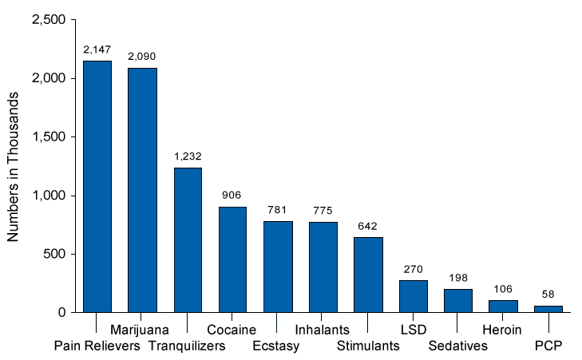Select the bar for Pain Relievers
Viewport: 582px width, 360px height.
[x=97, y=187]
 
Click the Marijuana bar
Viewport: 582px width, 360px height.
[x=142, y=190]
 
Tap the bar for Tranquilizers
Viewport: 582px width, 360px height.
[x=188, y=240]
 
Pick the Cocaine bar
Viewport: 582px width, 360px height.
[x=233, y=259]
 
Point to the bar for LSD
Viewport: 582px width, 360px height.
[x=414, y=296]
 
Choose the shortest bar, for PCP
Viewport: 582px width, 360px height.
[x=548, y=309]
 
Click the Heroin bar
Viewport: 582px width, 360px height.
[x=503, y=307]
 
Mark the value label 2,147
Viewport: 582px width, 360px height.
[x=97, y=49]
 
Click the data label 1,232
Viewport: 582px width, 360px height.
[x=188, y=156]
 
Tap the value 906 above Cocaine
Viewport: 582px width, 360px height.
[x=232, y=195]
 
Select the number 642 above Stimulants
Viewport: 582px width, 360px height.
[x=367, y=226]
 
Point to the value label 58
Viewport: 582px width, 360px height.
[x=548, y=295]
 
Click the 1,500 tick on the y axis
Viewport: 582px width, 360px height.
[x=49, y=137]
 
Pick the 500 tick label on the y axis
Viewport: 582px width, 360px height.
[x=54, y=254]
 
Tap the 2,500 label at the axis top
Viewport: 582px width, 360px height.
[x=49, y=20]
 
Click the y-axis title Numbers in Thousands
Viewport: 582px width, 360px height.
[x=13, y=167]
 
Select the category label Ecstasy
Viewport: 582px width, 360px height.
[x=275, y=346]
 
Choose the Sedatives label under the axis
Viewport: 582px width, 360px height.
[x=457, y=346]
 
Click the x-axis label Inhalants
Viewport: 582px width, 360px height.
[x=323, y=330]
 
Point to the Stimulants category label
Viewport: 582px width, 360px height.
[x=368, y=346]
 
